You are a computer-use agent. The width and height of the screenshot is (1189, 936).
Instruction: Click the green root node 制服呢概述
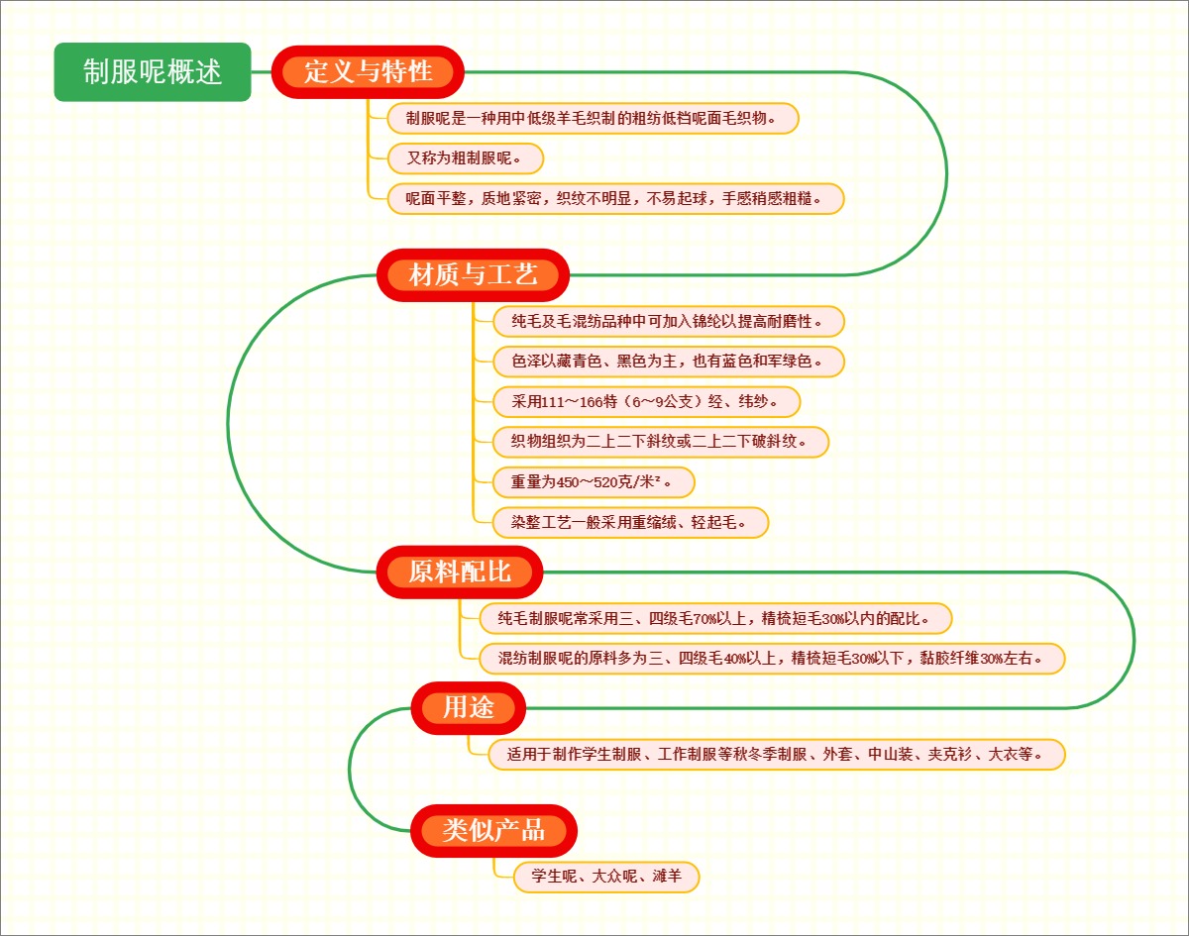coord(153,72)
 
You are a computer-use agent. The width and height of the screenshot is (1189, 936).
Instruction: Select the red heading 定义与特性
coord(368,71)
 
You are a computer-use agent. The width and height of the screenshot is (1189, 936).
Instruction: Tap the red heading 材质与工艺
coord(474,274)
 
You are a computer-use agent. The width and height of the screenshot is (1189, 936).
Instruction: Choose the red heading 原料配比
coord(460,572)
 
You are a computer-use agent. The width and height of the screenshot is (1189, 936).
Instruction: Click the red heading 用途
coord(468,707)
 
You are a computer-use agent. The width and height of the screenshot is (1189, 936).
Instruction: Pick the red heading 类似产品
coord(493,829)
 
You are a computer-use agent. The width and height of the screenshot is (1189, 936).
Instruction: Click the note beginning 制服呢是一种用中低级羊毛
coord(592,118)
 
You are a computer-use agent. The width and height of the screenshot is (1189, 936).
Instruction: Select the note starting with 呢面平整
coord(614,198)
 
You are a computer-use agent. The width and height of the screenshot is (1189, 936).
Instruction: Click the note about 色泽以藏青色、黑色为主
coord(668,362)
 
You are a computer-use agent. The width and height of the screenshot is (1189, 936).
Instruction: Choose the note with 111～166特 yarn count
coord(646,401)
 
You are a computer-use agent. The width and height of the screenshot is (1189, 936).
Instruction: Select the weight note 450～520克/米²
coord(594,482)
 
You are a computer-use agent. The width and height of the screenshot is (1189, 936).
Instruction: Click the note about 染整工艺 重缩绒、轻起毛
coord(630,522)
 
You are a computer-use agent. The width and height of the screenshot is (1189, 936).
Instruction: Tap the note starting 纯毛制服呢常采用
coord(705,619)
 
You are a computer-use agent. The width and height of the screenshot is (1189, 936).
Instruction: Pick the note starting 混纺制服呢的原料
coord(763,659)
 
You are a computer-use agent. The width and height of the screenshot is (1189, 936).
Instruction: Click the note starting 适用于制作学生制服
coord(776,755)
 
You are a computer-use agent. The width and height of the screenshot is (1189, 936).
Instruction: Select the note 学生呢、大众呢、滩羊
coord(606,877)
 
